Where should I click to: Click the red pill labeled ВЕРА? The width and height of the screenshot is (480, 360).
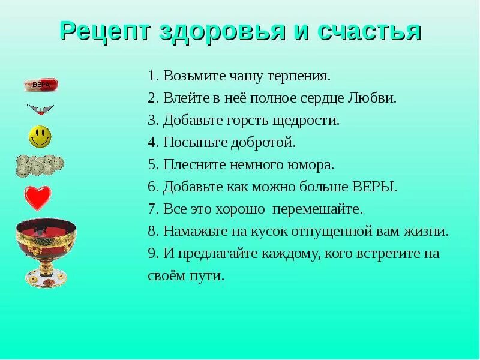click(x=41, y=85)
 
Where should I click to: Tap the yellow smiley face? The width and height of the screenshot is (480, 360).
click(x=40, y=137)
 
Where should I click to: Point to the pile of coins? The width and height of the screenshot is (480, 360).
click(x=40, y=164)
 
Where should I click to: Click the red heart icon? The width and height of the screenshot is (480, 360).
click(x=38, y=197)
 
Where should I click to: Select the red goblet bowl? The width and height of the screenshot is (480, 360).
click(x=46, y=236)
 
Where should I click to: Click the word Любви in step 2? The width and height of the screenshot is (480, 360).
click(x=376, y=98)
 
